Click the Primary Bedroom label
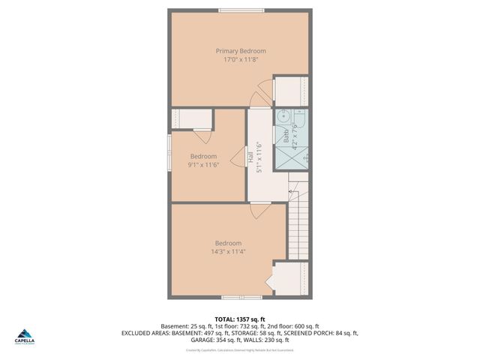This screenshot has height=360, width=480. pos(241,51)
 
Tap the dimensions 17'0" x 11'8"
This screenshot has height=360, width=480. pos(241,60)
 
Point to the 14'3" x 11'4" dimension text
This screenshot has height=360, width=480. pos(229,252)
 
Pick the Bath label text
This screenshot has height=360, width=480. pos(286,136)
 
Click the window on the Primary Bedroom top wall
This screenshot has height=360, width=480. pos(241,10)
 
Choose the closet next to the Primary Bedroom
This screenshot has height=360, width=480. pos(290,91)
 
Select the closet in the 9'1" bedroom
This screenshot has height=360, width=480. pos(191,118)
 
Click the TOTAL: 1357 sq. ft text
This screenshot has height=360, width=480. pos(240,319)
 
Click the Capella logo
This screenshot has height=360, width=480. pos(26,335)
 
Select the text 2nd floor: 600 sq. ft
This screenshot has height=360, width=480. pos(292,326)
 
